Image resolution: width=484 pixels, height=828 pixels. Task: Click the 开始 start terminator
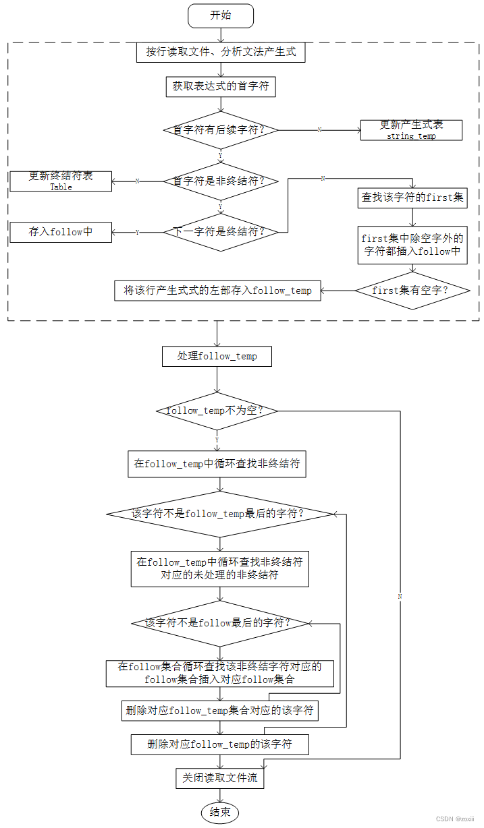click(x=220, y=16)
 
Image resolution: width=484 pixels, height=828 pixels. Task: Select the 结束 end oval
click(x=220, y=812)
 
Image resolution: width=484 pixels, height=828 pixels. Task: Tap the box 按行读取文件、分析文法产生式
click(x=220, y=52)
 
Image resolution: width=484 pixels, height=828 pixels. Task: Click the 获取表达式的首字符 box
click(x=220, y=86)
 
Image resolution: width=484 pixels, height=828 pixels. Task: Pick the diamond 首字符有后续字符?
click(x=220, y=129)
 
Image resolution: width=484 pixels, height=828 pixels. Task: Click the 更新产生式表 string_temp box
click(x=411, y=130)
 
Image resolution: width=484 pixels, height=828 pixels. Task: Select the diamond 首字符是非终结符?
click(x=220, y=181)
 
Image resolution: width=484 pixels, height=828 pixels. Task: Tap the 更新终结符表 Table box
click(x=61, y=181)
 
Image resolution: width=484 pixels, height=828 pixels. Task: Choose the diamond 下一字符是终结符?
click(x=220, y=232)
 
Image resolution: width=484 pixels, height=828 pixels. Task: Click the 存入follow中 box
click(x=61, y=232)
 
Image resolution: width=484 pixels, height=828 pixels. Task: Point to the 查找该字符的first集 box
click(x=412, y=198)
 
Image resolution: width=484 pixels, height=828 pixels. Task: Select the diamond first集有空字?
click(x=412, y=291)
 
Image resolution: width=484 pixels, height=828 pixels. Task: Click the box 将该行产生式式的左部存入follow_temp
click(x=217, y=291)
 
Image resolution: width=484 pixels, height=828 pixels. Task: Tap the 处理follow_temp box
click(x=217, y=356)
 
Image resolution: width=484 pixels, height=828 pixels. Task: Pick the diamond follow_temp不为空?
click(x=217, y=411)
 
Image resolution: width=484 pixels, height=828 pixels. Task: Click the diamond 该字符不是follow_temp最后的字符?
click(x=220, y=514)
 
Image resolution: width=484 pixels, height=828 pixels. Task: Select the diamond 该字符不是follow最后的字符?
click(x=220, y=623)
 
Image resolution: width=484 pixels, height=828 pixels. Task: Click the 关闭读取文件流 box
click(x=220, y=777)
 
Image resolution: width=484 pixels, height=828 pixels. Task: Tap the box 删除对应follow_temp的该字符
click(x=220, y=744)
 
